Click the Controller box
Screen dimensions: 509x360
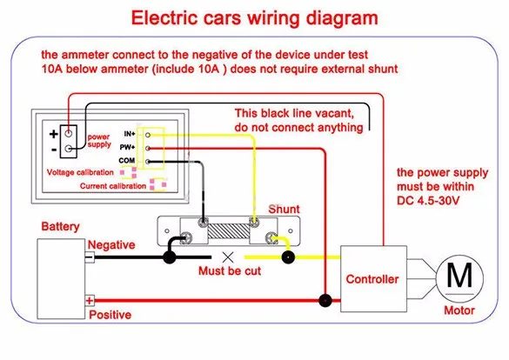coord(373,279)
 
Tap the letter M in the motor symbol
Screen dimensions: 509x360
coord(459,275)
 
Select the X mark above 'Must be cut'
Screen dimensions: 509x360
coord(228,257)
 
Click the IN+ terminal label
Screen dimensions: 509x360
coord(130,134)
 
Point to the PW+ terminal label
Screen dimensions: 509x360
coord(127,147)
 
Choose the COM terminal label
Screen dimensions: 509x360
coord(127,161)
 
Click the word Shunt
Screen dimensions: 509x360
coord(284,210)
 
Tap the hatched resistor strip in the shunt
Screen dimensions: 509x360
coord(229,231)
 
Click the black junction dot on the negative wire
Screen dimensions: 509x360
coord(169,257)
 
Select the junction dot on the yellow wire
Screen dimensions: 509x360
coord(288,257)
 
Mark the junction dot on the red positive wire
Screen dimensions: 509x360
coord(325,300)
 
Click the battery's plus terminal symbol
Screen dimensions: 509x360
coord(90,301)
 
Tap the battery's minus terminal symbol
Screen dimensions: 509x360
coord(90,257)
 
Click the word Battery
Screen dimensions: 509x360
coord(60,226)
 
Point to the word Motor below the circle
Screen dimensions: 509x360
coord(459,310)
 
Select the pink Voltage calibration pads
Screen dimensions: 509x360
coord(129,172)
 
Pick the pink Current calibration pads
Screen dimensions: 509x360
coord(158,184)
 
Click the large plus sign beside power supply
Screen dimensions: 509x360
coord(54,134)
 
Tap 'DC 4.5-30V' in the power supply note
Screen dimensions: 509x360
coord(428,200)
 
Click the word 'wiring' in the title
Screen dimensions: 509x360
coord(273,18)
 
